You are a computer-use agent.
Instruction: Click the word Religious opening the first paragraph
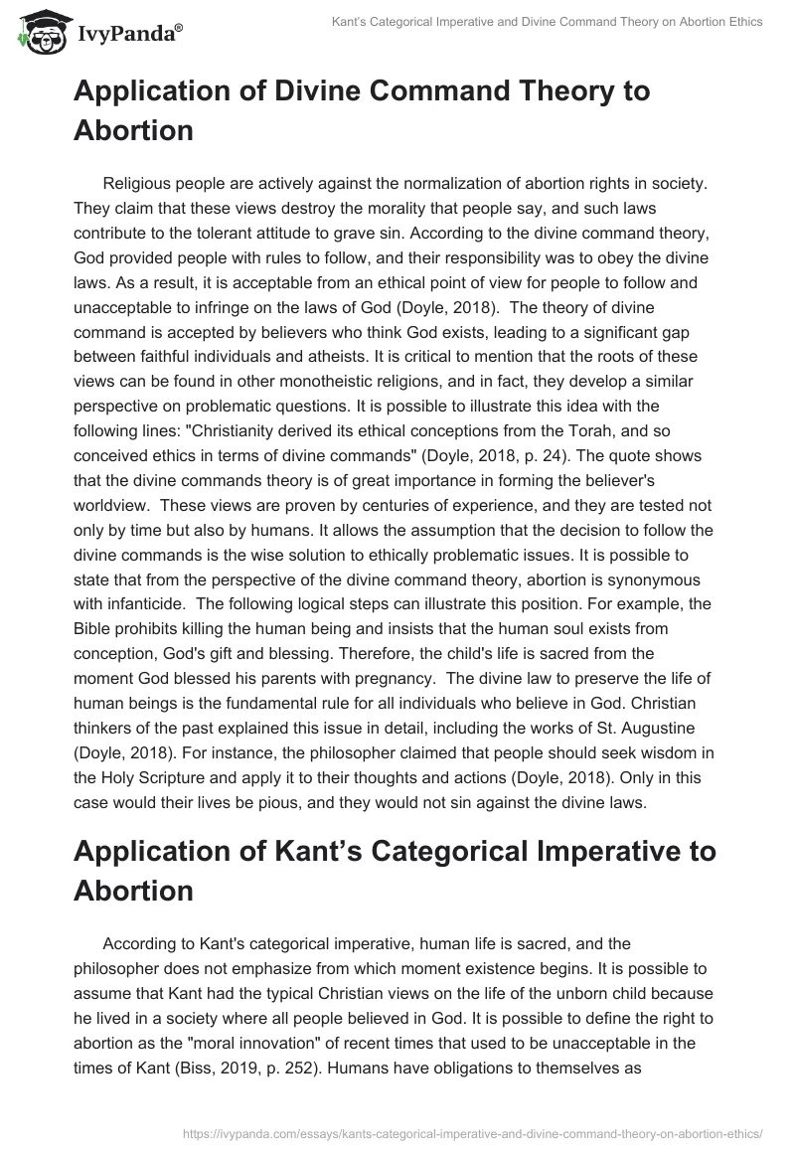click(139, 183)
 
